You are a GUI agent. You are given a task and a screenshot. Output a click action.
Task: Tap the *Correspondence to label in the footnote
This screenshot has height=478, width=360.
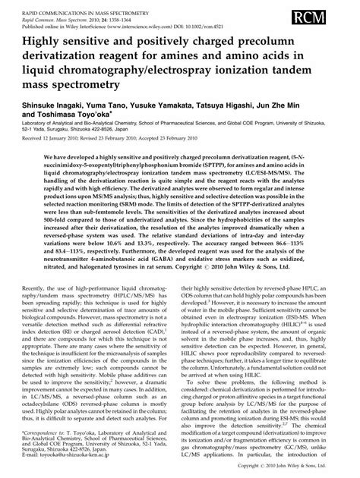47,430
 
